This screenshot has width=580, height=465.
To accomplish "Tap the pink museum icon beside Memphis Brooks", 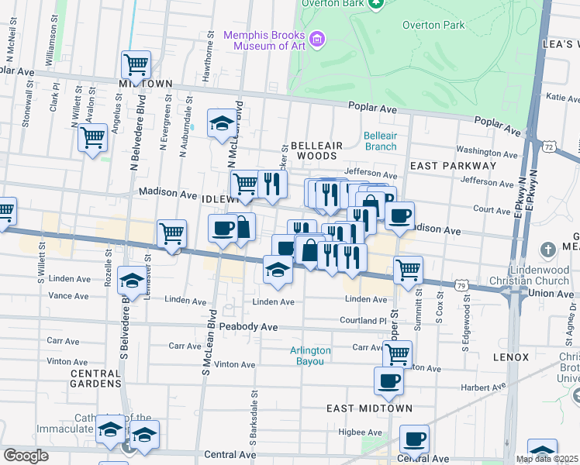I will point(316,39).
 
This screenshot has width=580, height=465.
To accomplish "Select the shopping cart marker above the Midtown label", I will point(136,64).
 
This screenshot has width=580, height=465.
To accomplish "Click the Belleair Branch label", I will point(380,141).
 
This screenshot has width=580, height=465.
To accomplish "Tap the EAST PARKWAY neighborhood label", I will point(453,166).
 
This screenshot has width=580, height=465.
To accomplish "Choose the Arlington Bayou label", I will point(310,356).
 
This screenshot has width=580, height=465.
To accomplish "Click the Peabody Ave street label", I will point(248,328).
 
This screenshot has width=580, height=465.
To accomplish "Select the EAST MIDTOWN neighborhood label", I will point(368,408).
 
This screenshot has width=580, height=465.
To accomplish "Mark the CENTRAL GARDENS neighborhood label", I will point(95,378).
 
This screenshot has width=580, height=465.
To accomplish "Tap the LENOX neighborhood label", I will point(510,357).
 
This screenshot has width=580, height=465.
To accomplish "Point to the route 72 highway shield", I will point(548,146).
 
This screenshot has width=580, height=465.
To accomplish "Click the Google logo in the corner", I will point(26,456).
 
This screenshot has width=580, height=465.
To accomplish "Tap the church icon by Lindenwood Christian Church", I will point(548,250).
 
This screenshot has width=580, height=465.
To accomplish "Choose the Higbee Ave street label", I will point(364,432).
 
